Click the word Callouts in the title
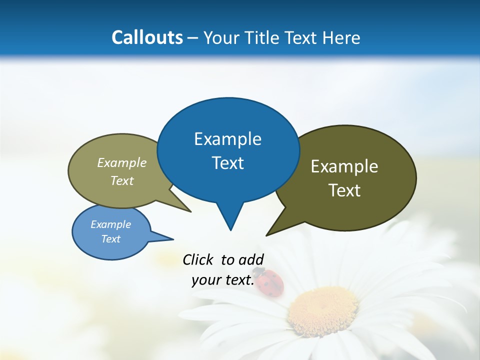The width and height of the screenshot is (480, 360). point(147,37)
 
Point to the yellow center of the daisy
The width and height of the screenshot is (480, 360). point(323,309)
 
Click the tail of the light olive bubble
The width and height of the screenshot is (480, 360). point(185,208)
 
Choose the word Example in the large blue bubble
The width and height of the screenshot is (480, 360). point(227,139)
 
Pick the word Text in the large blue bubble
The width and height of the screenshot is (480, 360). point(227,163)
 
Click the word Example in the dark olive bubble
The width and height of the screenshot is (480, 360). point(344,166)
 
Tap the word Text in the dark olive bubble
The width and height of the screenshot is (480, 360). point(344,190)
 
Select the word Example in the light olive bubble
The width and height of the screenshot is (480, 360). point(122,163)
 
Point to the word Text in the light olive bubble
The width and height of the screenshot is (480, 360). point(122,180)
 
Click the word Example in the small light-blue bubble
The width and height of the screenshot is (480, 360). point(110,224)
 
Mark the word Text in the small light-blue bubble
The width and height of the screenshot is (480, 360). point(110,239)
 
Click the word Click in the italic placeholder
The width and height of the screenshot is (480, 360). point(198,259)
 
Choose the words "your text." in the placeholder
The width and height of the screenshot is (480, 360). point(223,280)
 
